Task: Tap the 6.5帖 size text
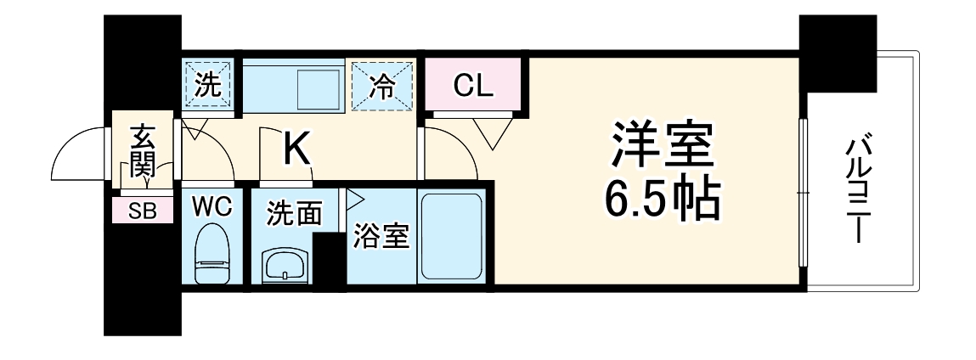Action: pos(661,200)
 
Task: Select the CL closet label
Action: pos(472,86)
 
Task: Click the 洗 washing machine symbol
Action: pos(207,85)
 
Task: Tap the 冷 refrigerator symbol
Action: pos(381,85)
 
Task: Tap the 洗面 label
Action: pos(294,214)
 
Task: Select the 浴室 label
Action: pos(381,235)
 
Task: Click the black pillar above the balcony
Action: pos(838,53)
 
